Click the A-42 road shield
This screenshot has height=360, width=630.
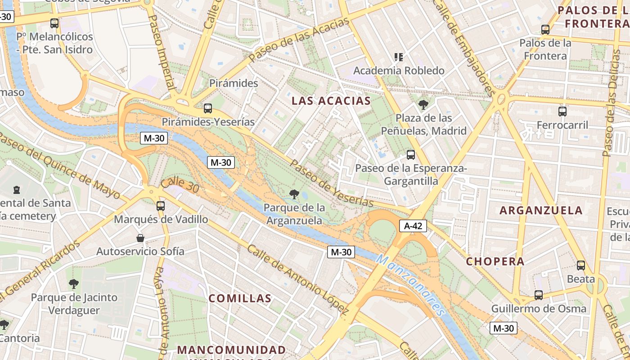413,226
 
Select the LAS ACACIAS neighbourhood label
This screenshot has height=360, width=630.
331,101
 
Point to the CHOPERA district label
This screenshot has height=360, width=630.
495,261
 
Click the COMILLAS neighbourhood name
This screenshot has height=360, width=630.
240,298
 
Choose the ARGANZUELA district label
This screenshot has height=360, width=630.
541,210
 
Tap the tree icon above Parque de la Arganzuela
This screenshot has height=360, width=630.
294,194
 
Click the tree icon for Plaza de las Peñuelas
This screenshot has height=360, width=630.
423,105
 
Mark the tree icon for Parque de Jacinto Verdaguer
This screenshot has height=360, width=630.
74,284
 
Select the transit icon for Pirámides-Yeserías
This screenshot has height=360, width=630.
207,108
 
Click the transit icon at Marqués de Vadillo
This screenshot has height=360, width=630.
161,206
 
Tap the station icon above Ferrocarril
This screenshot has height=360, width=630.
562,112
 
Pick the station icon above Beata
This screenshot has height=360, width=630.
581,265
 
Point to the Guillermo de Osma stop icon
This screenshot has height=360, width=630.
539,295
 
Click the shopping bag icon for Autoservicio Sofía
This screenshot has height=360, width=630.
140,238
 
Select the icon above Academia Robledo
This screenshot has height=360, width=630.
399,57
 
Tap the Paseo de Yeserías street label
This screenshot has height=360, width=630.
331,184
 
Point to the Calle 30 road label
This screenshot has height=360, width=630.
180,185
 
